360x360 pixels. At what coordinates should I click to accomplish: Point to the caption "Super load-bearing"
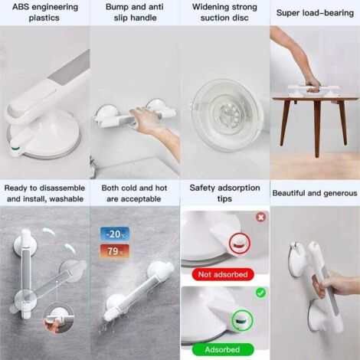click(x=314, y=12)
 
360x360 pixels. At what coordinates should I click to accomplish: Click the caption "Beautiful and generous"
click(x=314, y=193)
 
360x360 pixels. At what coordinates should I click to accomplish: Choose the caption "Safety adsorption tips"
click(x=224, y=193)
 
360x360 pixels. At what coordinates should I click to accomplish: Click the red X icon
click(x=261, y=217)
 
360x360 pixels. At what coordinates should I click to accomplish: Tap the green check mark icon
click(x=261, y=293)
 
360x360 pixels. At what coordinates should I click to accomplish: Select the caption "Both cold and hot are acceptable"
click(x=135, y=193)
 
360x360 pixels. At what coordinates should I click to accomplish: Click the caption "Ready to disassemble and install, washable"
click(x=44, y=193)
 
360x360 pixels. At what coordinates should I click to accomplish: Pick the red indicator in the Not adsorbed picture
click(x=237, y=244)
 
